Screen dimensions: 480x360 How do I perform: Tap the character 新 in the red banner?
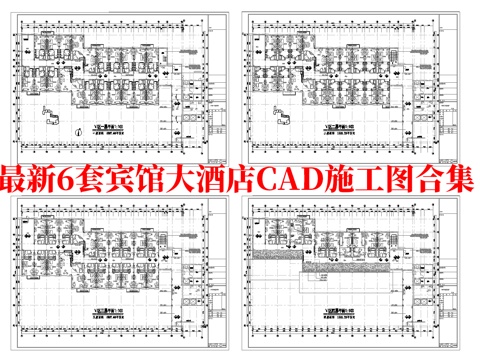(x=57, y=183)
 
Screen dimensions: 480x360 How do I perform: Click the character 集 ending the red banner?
(x=459, y=183)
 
